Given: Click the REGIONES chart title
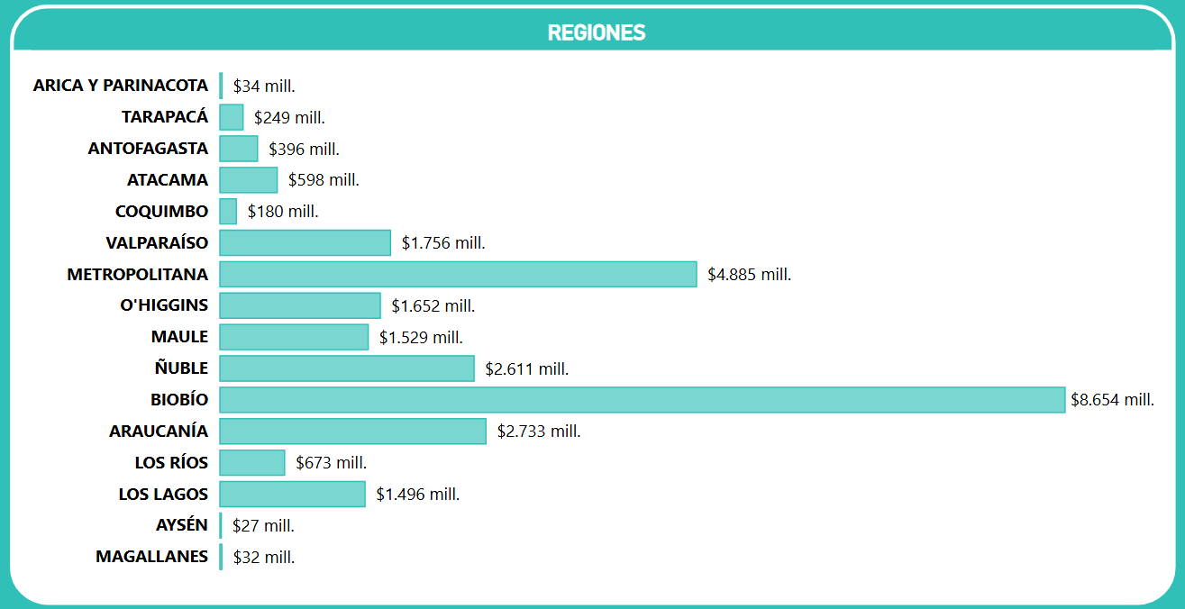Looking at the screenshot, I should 597,32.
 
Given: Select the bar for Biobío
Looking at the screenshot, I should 642,400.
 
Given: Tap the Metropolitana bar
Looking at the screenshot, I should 458,274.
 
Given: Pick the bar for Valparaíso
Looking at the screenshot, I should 305,242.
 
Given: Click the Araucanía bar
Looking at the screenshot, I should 352,432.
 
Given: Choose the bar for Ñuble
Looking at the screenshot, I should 346,368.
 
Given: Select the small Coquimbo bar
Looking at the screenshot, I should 228,212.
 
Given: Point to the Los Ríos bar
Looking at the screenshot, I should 251,463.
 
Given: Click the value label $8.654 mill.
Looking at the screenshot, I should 1112,400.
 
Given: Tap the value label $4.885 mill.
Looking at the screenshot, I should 749,274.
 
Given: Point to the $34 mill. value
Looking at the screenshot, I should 264,86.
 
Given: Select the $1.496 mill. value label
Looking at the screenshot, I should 417,495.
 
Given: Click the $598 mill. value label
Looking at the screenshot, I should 324,180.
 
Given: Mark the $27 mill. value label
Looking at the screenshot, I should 263,526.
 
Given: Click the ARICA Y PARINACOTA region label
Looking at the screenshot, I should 120,86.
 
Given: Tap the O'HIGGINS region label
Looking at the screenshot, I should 164,305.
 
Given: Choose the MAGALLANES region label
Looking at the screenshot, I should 151,557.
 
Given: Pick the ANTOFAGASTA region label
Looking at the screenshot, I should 148,149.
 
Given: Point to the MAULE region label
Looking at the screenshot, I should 179,337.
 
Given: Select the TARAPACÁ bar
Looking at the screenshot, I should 231,117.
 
